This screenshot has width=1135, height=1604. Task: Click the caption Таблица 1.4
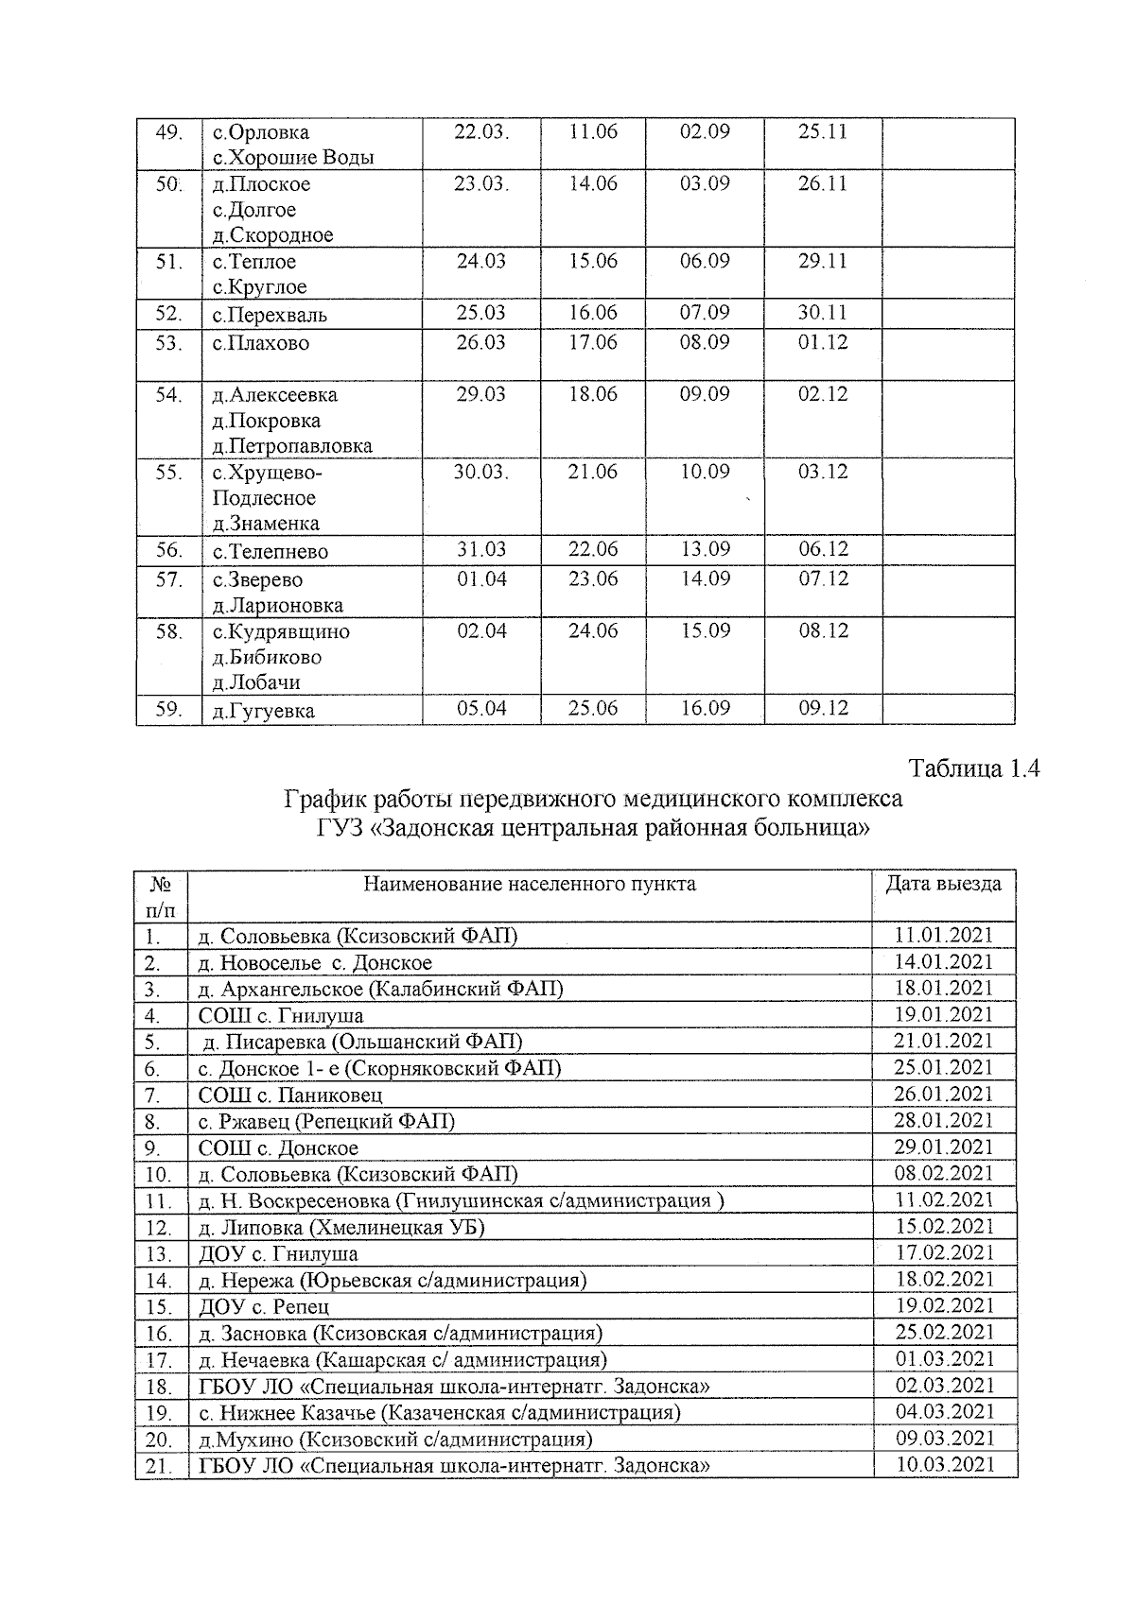click(x=974, y=768)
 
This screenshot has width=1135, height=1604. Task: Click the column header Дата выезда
click(x=943, y=884)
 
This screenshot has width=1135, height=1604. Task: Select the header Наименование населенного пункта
click(x=530, y=884)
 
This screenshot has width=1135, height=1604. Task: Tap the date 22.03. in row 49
click(x=480, y=132)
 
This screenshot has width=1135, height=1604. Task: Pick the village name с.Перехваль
click(x=270, y=315)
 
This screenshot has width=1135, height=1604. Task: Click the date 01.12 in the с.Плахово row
click(x=823, y=342)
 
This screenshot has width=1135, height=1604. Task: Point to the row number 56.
click(x=169, y=550)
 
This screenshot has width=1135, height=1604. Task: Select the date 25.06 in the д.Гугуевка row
click(x=592, y=708)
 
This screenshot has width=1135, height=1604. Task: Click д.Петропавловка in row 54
click(x=292, y=445)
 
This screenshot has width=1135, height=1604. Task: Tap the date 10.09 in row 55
click(x=705, y=472)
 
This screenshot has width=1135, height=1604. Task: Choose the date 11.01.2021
click(x=944, y=936)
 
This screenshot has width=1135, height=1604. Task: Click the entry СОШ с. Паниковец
click(x=290, y=1095)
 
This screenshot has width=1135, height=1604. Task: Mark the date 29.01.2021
click(x=944, y=1147)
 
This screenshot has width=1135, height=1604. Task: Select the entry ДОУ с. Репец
click(x=264, y=1307)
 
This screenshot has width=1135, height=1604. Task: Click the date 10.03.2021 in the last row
click(x=944, y=1465)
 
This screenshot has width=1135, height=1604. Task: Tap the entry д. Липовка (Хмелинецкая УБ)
click(x=347, y=1228)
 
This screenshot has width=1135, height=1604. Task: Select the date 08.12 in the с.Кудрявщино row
click(x=823, y=630)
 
